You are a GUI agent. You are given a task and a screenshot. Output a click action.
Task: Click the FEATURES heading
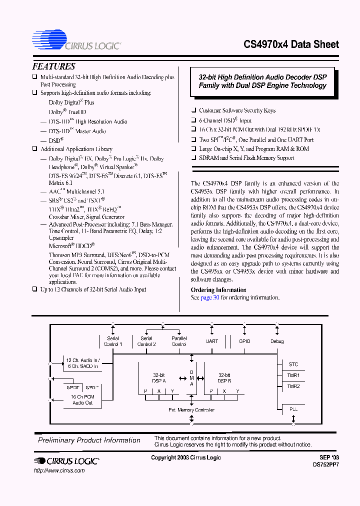[x=53, y=66]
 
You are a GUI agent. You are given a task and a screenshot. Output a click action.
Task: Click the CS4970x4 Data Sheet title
[x=291, y=44]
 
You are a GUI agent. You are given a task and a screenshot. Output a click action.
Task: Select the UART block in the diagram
[x=212, y=341]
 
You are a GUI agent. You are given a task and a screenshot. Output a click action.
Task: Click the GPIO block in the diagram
[x=244, y=341]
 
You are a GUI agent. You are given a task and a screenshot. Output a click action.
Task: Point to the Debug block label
[x=277, y=341]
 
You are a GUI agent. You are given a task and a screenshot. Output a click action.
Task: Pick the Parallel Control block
[x=179, y=341]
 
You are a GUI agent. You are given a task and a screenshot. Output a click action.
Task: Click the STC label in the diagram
[x=293, y=364]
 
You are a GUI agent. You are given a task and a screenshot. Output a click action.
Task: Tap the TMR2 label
[x=293, y=386]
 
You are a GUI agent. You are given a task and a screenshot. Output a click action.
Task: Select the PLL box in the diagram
[x=293, y=409]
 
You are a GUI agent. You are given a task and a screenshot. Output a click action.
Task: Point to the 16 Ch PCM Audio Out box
[x=82, y=400]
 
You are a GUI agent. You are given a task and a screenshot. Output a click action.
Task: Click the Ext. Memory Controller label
[x=191, y=410]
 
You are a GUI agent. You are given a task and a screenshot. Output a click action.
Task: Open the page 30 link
[x=210, y=297]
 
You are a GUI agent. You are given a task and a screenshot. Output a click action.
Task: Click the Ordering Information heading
[x=218, y=290]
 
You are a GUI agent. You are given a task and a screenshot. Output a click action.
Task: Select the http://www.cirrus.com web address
[x=59, y=470]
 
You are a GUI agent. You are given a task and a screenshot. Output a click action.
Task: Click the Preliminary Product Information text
[x=89, y=440]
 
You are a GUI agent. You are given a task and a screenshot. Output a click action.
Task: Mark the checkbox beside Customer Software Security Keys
[x=194, y=110]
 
